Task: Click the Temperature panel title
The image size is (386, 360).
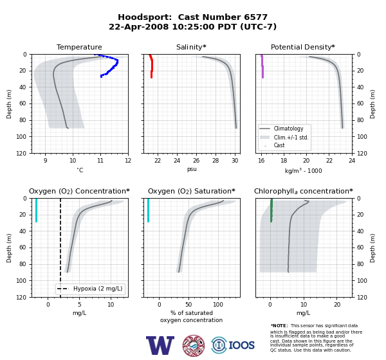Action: [x=79, y=47]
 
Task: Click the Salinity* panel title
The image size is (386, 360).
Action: [x=191, y=47]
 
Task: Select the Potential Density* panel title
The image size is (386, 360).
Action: [x=303, y=47]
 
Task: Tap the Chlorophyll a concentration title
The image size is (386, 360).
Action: [x=304, y=191]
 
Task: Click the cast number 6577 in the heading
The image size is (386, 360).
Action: [x=255, y=17]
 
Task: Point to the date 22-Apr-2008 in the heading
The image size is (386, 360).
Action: [x=139, y=26]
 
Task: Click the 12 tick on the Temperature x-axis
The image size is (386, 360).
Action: [x=128, y=161]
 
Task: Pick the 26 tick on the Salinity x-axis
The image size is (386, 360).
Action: [x=196, y=161]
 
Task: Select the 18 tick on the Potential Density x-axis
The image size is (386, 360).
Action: [x=284, y=161]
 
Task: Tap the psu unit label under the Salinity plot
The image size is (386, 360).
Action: [x=192, y=169]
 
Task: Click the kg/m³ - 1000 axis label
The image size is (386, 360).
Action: [x=303, y=170]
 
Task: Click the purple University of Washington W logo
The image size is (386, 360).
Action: [x=160, y=345]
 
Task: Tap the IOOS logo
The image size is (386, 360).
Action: [x=233, y=345]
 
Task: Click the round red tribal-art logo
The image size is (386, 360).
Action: [x=194, y=345]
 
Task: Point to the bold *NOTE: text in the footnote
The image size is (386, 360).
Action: [x=279, y=325]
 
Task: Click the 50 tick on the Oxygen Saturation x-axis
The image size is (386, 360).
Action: [x=188, y=304]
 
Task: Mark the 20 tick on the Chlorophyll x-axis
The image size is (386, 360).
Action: [x=337, y=304]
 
